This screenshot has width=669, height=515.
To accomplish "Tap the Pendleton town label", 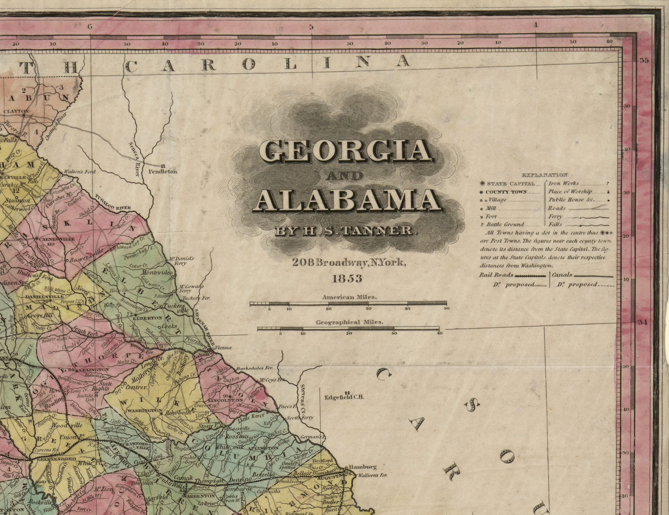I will click(x=163, y=172).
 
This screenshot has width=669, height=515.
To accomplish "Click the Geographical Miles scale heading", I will click(x=350, y=322).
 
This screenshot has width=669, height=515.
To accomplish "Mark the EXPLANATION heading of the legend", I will click(x=544, y=175).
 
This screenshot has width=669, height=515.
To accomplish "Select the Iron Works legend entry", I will click(x=563, y=183).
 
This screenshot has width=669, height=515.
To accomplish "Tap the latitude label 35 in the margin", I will click(x=644, y=61).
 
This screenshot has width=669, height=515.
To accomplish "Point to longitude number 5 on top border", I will click(x=311, y=27).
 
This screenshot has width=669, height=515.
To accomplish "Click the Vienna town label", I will click(x=223, y=348).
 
